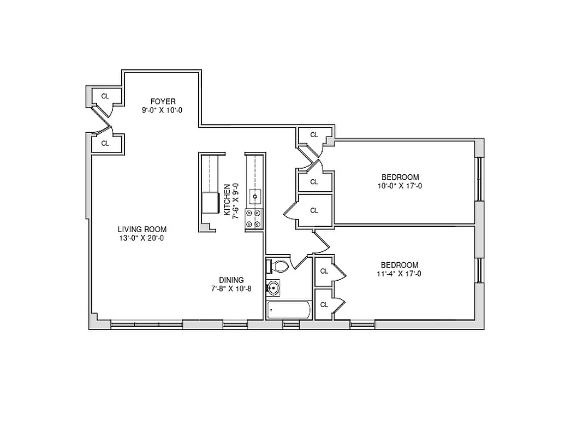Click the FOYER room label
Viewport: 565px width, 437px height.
(x=163, y=101)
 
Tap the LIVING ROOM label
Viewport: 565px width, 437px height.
(x=142, y=229)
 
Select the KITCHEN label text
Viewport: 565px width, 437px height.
(x=227, y=200)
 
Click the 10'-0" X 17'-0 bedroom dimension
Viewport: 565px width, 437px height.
(x=400, y=186)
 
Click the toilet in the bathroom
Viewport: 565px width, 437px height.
(x=279, y=266)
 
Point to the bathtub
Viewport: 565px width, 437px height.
(x=288, y=310)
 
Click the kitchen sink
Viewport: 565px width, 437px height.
(x=255, y=195)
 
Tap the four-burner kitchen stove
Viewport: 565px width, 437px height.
(x=254, y=218)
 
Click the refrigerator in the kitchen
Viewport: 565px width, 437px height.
(x=210, y=203)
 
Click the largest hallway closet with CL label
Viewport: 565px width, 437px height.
(x=314, y=210)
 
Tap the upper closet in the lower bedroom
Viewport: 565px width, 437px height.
(x=324, y=271)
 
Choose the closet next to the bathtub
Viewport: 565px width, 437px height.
(x=324, y=304)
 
